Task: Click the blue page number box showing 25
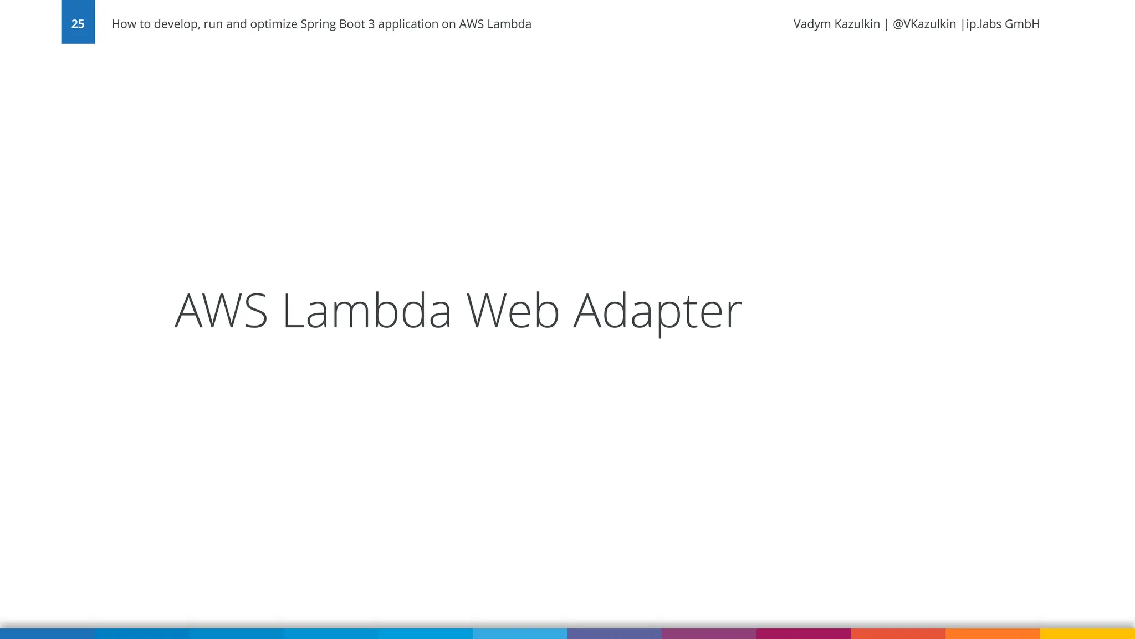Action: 78,22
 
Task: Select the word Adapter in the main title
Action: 657,312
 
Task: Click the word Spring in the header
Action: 318,24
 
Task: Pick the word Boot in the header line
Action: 351,24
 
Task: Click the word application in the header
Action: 408,24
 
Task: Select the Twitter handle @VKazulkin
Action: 924,24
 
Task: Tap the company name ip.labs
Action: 984,24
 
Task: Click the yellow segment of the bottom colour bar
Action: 1087,633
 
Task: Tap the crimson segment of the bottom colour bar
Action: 804,633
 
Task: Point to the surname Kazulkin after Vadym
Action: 858,24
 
